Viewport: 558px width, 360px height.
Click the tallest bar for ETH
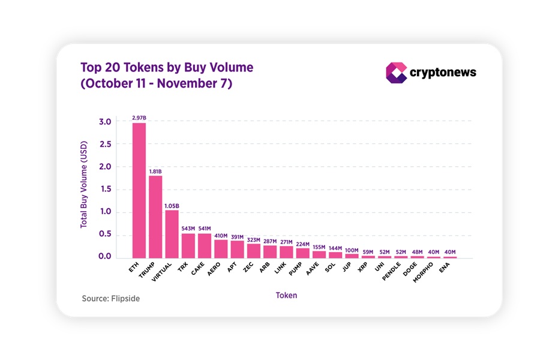(139, 190)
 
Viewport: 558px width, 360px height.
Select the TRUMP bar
(155, 217)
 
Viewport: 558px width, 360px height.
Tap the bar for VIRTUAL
(172, 234)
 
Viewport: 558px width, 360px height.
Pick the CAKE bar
(205, 245)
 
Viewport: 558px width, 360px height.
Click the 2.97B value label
(139, 118)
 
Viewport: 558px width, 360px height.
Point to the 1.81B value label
(155, 171)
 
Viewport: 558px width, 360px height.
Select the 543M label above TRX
(188, 229)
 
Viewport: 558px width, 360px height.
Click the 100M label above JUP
(352, 250)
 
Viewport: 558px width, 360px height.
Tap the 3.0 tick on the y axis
(105, 122)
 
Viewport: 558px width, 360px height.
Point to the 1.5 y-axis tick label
(105, 190)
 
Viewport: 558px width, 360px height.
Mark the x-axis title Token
(286, 295)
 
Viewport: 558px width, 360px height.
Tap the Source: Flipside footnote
(111, 298)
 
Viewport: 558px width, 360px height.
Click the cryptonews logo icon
(396, 73)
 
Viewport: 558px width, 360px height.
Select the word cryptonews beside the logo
(443, 73)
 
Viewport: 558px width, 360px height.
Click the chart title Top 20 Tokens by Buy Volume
(167, 68)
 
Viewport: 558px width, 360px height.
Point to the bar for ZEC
(253, 251)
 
